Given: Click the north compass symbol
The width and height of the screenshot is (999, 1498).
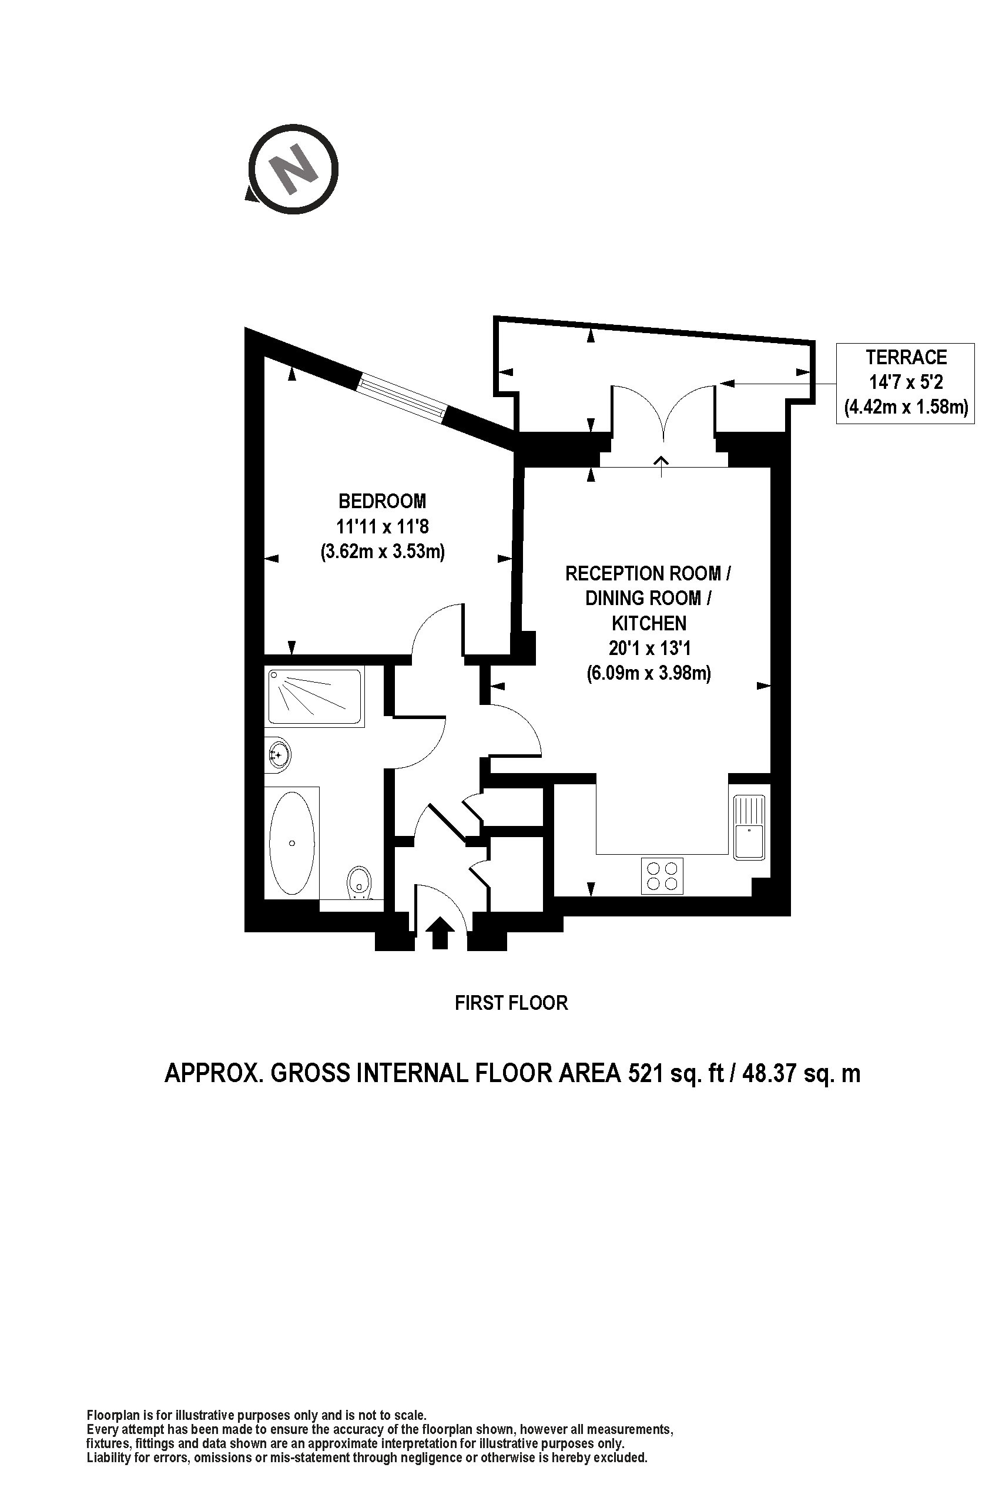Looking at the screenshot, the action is pos(293,169).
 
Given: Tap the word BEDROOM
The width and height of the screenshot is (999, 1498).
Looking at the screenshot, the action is pos(383,501).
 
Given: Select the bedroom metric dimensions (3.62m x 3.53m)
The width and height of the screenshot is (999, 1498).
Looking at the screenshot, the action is pos(383,551).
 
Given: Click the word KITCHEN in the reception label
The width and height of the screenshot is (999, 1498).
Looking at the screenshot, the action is pos(649,623).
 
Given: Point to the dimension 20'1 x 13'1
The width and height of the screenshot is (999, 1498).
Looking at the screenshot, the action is pos(650,649).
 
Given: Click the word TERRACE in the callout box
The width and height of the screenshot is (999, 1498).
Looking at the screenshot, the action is pos(906,357).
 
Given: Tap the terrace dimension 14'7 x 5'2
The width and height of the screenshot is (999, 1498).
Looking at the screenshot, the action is pos(906,382).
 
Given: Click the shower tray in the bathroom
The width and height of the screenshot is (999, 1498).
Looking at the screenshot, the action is pos(316,697).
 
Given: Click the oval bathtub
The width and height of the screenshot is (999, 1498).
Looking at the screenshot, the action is pos(292,843).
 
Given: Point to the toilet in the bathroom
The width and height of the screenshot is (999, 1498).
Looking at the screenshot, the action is pos(360,882).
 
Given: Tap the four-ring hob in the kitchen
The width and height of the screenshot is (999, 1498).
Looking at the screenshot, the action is pos(662,876).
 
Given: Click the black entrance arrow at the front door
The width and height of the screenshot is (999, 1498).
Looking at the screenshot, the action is pos(440,933).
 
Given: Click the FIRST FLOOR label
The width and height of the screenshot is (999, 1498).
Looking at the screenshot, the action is pos(511,1003).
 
